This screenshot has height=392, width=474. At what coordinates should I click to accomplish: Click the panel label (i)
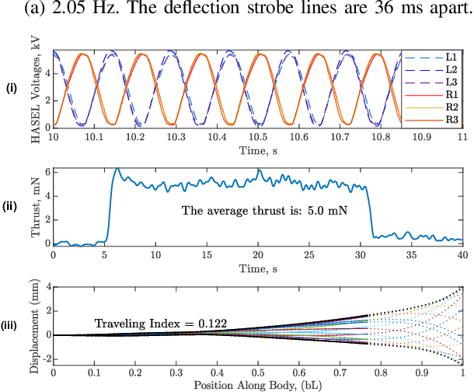[x=12, y=89]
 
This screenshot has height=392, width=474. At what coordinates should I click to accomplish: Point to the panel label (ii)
[x=12, y=207]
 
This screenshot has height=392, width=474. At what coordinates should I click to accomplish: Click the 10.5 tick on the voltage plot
[x=258, y=136]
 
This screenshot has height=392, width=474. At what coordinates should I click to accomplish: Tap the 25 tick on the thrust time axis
[x=309, y=254]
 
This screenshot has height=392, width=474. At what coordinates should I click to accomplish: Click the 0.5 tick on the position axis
[x=258, y=373]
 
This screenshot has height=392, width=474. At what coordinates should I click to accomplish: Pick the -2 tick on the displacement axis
[x=42, y=359]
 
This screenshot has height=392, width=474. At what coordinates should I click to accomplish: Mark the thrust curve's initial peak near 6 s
[x=117, y=168]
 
